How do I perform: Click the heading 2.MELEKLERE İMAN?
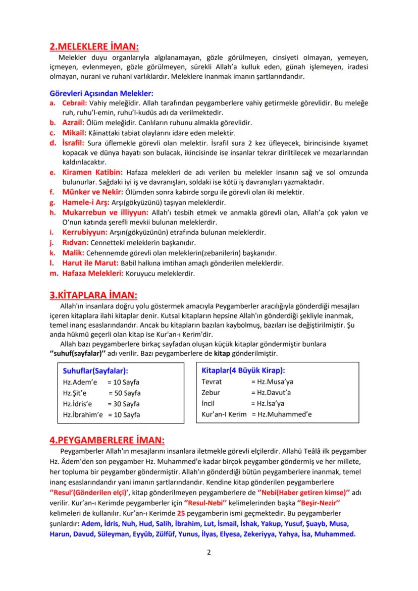94,47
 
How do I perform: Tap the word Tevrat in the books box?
212,382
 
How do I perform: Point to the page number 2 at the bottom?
208,552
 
